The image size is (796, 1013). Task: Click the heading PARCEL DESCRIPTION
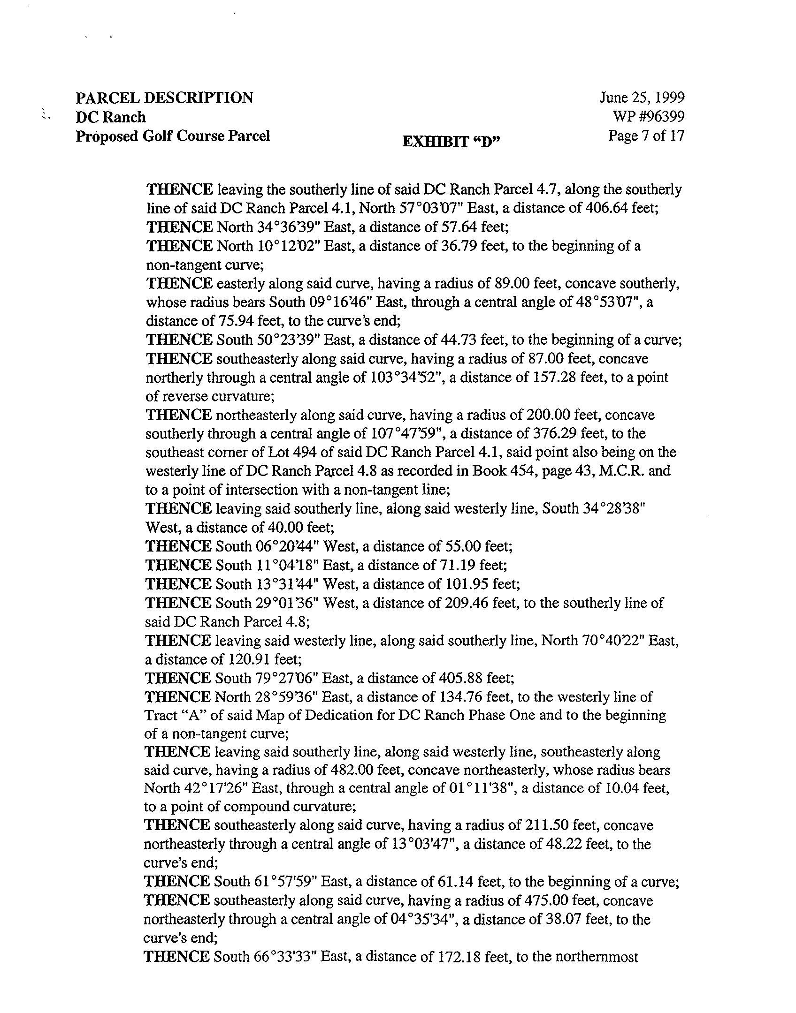click(164, 98)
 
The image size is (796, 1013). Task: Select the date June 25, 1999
click(642, 98)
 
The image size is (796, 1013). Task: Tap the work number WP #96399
click(648, 117)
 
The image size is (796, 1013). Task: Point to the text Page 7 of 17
click(646, 136)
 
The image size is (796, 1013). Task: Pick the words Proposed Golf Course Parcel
click(173, 136)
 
